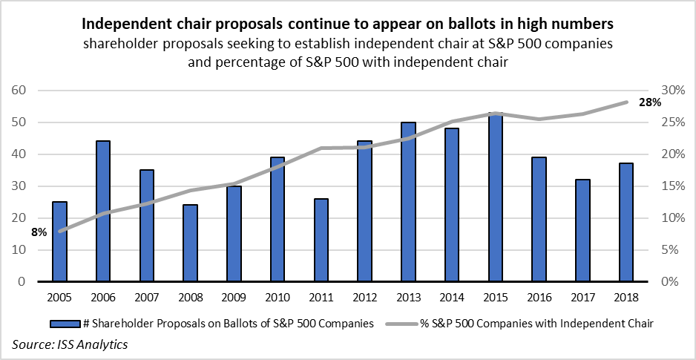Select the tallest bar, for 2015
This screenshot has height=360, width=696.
[x=496, y=197]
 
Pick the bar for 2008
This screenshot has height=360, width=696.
[x=191, y=243]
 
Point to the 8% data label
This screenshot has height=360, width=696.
[x=39, y=232]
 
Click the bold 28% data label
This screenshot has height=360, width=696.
[x=650, y=102]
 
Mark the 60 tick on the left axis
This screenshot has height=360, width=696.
[x=19, y=91]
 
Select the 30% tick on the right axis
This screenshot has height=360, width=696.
[x=672, y=91]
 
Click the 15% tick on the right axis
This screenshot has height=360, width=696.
[x=672, y=186]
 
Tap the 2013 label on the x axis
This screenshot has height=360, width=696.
[x=408, y=298]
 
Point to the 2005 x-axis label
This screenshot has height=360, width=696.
[x=59, y=298]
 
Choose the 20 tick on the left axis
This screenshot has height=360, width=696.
[x=19, y=218]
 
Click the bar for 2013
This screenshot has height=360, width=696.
[x=408, y=202]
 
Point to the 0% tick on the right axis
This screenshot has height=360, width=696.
[x=675, y=282]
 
